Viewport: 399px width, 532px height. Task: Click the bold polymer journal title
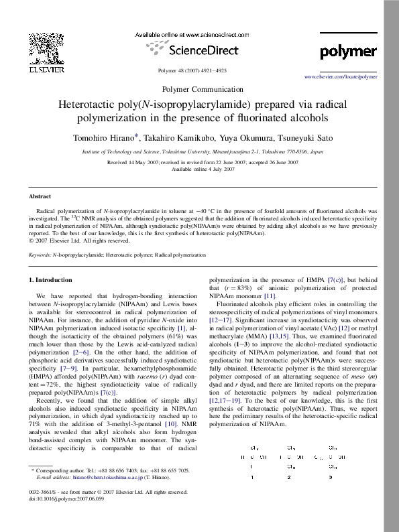point(348,52)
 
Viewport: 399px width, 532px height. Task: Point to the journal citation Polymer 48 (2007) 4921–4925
point(191,70)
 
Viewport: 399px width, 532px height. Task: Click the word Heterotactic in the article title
point(88,105)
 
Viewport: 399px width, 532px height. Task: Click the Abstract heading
point(40,196)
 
